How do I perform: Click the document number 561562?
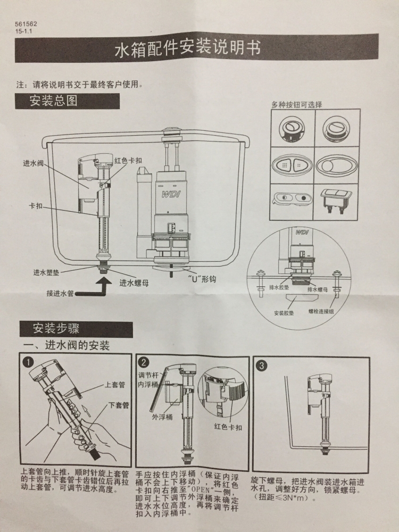(26, 25)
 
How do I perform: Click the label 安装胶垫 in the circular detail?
(284, 313)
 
